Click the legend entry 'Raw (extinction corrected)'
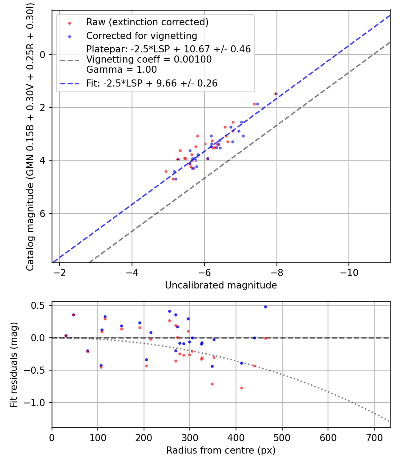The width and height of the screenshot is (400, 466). point(147,22)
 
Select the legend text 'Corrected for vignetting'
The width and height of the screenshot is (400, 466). point(141,36)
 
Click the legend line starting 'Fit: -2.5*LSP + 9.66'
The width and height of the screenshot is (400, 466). point(152,83)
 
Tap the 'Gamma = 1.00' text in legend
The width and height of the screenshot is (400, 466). point(121,70)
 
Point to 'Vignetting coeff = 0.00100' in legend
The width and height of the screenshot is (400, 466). point(149,59)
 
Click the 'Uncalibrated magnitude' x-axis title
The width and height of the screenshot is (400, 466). point(221,285)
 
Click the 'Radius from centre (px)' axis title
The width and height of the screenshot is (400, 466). point(221,450)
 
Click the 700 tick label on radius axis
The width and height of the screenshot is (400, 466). point(374,437)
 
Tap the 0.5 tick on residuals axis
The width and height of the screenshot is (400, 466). point(40,305)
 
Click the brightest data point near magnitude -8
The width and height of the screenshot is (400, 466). point(276,94)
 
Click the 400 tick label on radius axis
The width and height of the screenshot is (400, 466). point(236,437)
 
